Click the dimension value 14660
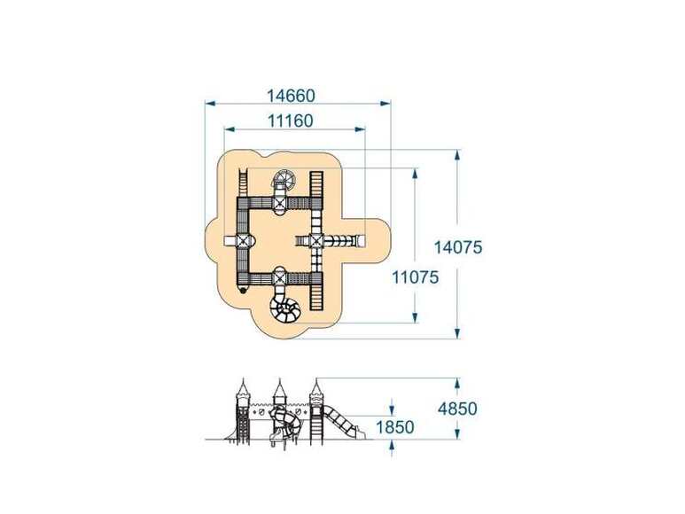291,95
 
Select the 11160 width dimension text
290,121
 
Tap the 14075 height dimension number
458,247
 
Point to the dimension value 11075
415,276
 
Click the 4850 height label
457,409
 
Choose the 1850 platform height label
395,427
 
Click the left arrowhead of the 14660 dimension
210,104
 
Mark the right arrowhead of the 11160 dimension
360,129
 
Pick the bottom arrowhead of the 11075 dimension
415,317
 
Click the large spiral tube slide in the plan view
284,306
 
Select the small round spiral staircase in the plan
284,178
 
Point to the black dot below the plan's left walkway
243,290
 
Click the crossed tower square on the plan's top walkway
280,202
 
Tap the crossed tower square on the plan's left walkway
242,240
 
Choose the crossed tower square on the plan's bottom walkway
280,277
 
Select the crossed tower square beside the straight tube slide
315,240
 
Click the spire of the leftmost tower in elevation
244,385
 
